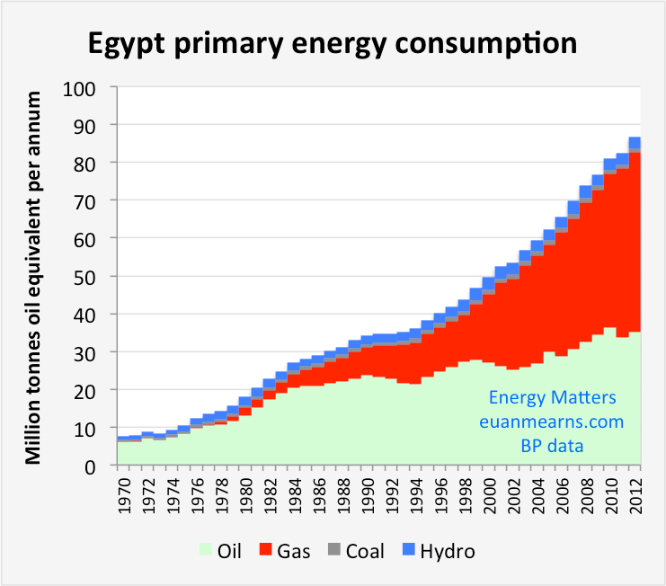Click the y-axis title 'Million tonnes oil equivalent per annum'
tap(33, 277)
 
